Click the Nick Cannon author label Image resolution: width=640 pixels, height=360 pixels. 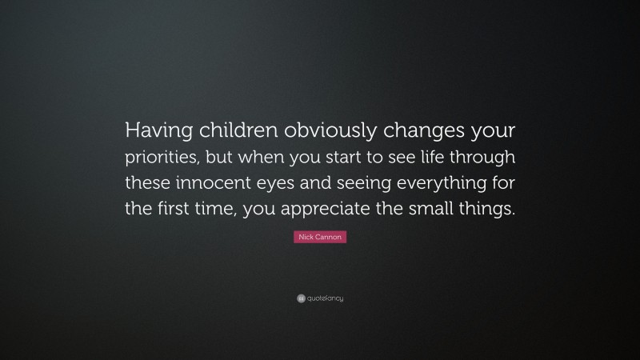coord(320,238)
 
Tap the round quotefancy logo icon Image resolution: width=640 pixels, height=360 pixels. coord(300,298)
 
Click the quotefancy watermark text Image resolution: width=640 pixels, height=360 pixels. coord(325,298)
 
